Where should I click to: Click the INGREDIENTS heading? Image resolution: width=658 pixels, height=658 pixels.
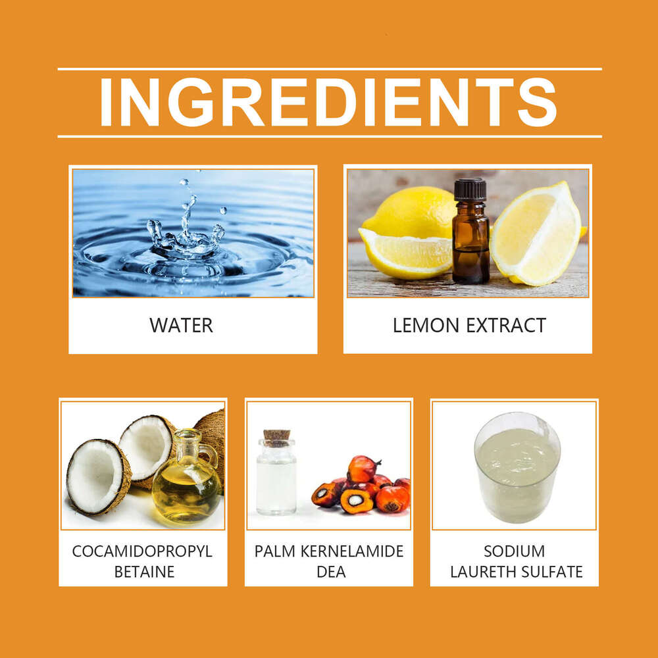(328, 102)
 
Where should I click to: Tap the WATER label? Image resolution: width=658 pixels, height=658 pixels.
(182, 326)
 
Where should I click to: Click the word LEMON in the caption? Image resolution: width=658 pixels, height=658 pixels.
(426, 326)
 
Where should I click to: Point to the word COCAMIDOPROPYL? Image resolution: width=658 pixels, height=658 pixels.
(142, 551)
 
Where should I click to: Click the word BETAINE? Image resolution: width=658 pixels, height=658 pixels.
(144, 572)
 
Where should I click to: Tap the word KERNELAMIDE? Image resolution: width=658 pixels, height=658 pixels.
(351, 551)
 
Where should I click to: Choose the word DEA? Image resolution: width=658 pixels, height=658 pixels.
(331, 572)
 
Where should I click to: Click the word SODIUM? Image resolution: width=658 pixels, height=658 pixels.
(514, 551)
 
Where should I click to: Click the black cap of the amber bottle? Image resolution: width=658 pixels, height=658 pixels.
(470, 190)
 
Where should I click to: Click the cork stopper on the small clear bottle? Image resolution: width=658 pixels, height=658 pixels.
(276, 438)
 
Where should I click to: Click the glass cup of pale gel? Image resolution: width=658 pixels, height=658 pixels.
(517, 467)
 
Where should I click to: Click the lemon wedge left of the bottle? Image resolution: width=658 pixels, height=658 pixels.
(405, 253)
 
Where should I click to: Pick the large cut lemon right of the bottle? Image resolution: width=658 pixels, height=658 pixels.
(536, 234)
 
